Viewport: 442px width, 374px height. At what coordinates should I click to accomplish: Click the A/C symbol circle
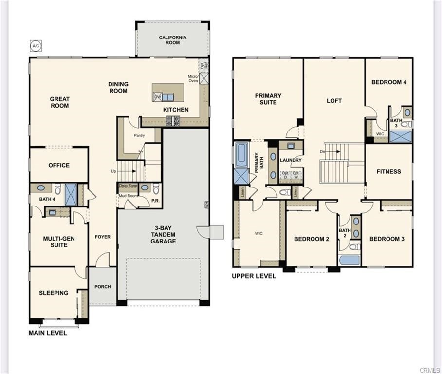click(x=35, y=46)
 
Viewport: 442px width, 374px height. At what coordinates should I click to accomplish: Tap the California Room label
click(x=173, y=40)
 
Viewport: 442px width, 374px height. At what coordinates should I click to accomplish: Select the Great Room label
click(x=59, y=102)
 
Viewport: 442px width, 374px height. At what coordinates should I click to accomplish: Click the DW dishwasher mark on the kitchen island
click(x=157, y=97)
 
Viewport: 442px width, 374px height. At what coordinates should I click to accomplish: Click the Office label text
click(x=59, y=165)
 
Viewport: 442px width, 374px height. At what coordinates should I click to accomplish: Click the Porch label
click(x=102, y=287)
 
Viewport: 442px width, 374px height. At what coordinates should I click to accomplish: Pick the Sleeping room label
click(x=54, y=293)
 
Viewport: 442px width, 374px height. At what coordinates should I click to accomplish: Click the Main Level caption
click(x=48, y=333)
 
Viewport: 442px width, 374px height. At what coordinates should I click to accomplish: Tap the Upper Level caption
click(x=254, y=276)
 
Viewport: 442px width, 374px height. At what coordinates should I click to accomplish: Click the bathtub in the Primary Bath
click(x=241, y=154)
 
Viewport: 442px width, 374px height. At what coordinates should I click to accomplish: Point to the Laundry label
click(x=291, y=160)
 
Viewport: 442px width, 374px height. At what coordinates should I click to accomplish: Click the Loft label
click(x=334, y=101)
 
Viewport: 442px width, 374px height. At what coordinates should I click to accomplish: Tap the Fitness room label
click(x=388, y=171)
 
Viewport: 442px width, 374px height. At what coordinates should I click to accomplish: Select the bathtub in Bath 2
click(x=350, y=260)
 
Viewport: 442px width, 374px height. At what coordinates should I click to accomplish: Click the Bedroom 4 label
click(x=388, y=82)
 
